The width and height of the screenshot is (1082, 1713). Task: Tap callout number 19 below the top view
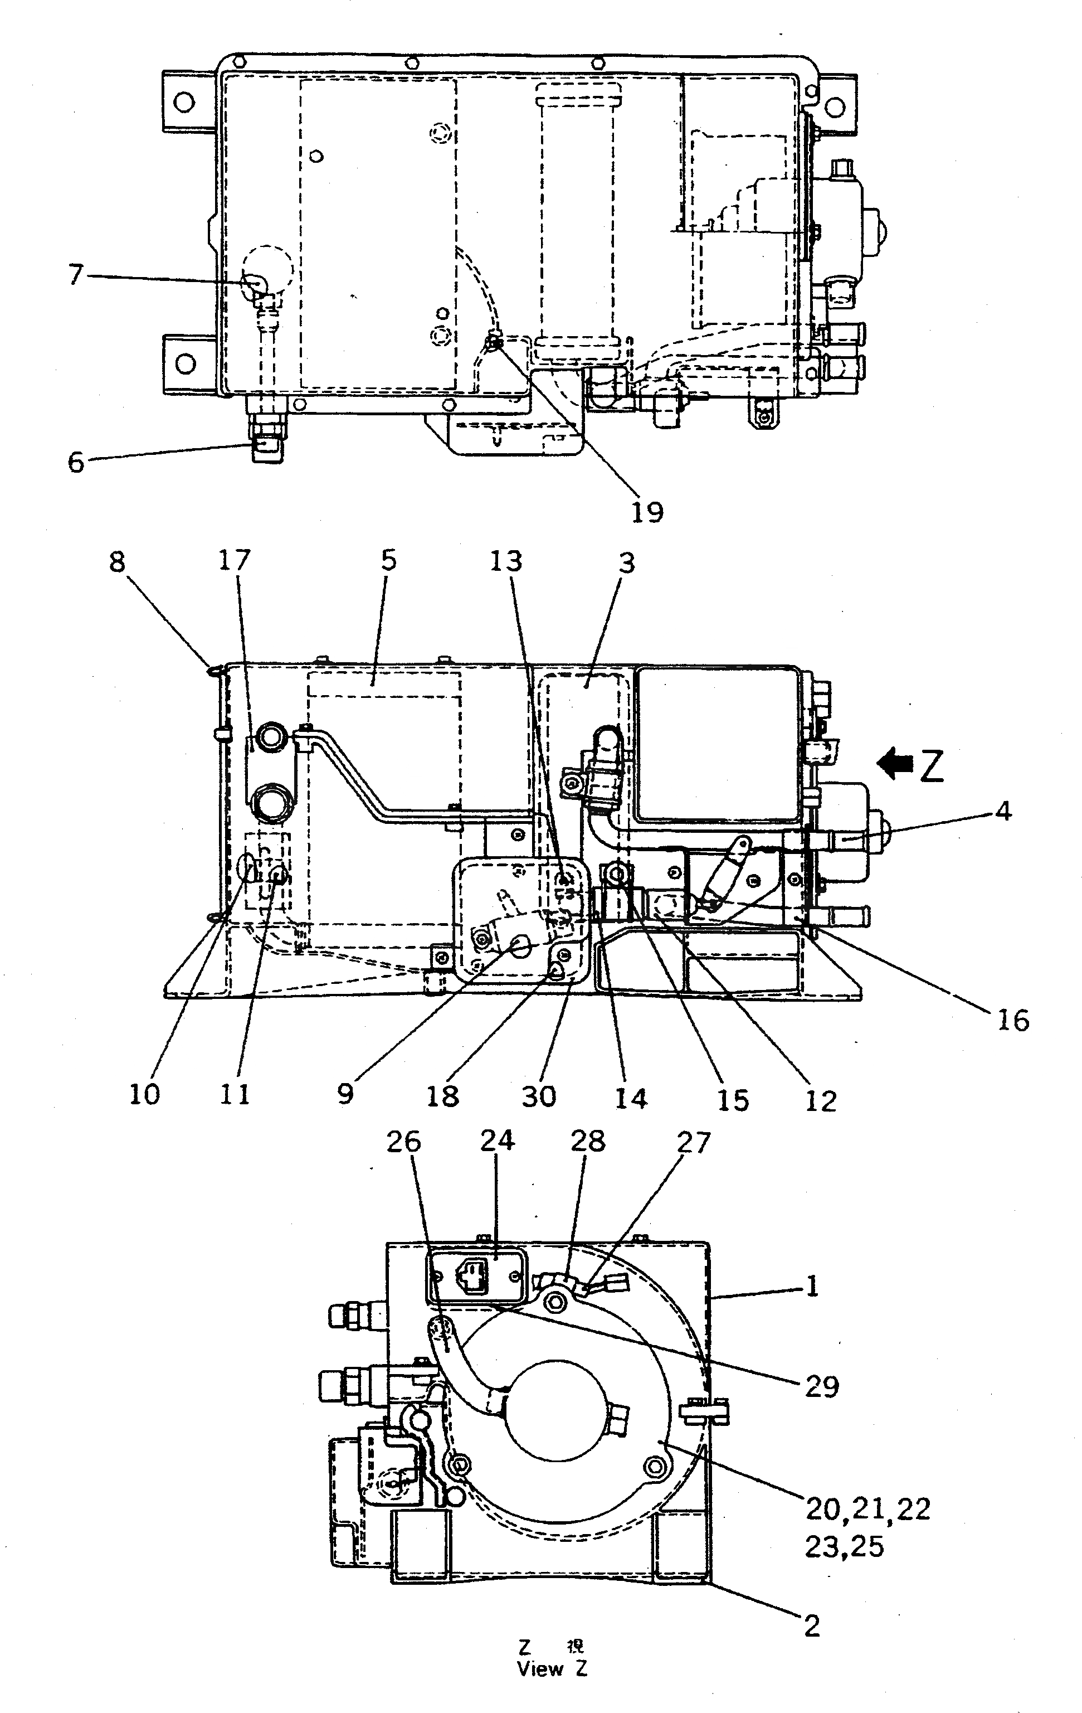[x=647, y=512]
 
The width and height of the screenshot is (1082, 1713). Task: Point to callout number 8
[x=118, y=562]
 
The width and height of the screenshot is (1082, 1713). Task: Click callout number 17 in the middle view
[x=235, y=561]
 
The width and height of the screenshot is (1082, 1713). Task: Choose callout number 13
[x=506, y=561]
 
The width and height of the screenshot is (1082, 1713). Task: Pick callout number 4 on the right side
[x=1002, y=811]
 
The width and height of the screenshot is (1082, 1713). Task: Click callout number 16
[x=1013, y=1021]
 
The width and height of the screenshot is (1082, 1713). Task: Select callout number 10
[x=144, y=1095]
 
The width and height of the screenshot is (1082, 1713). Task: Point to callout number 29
[x=822, y=1386]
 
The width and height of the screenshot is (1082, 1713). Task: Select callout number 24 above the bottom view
[x=497, y=1141]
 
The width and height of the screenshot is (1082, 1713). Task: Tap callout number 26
[x=404, y=1142]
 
